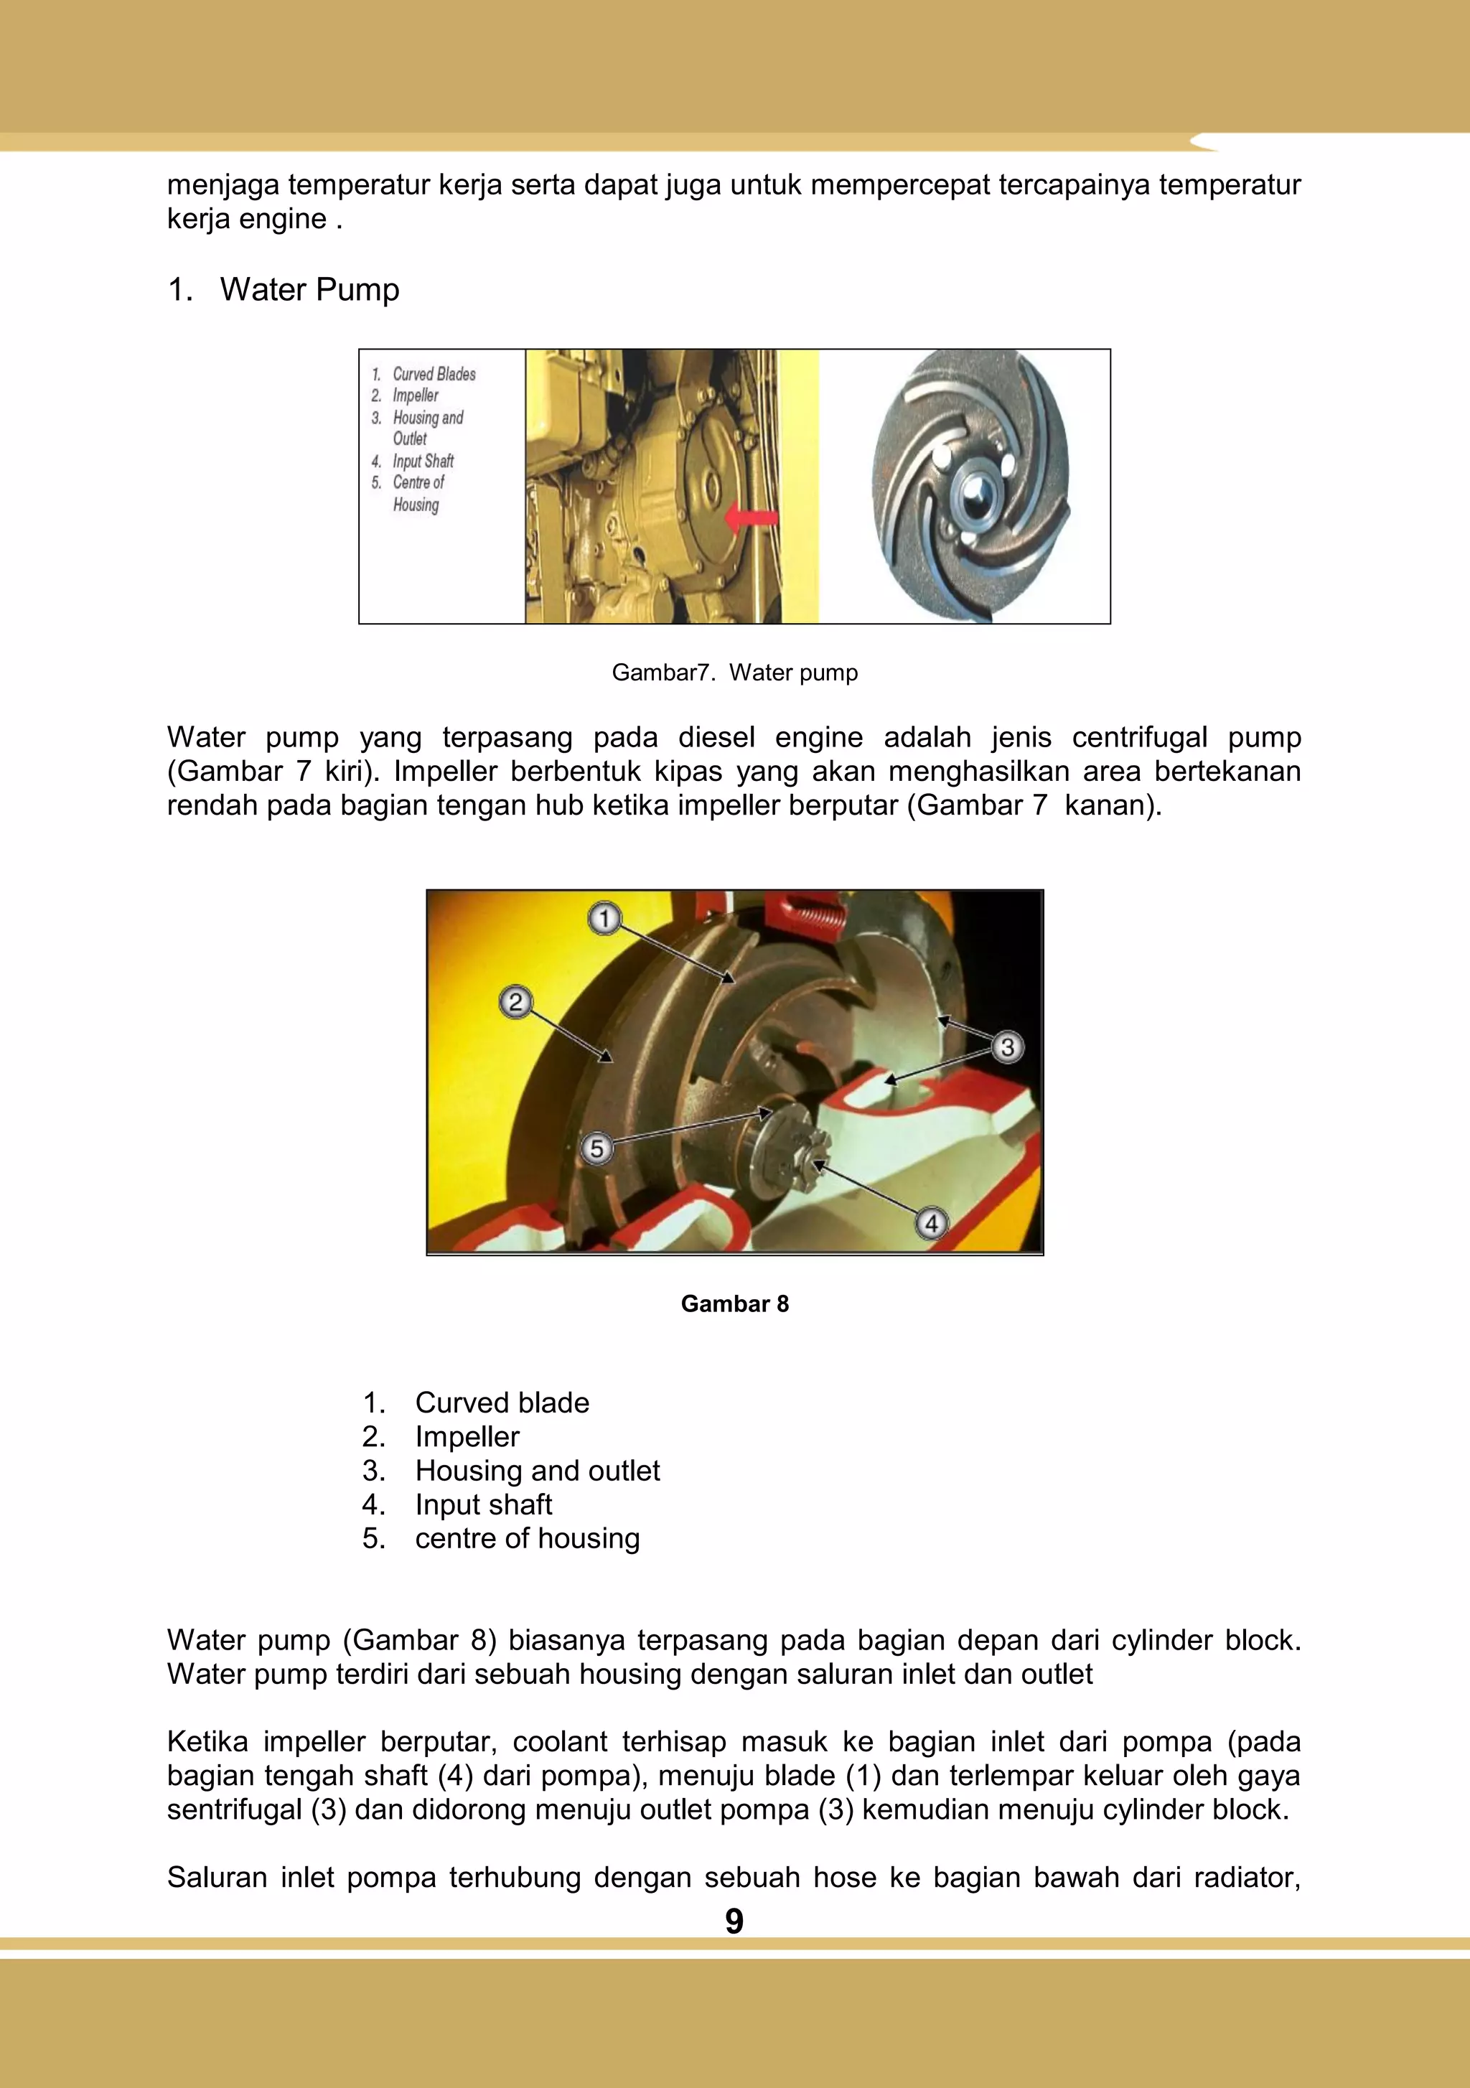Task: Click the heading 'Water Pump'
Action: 309,290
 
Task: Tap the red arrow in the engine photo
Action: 751,518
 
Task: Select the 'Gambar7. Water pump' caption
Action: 734,673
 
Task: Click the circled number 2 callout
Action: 516,1002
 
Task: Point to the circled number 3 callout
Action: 1007,1048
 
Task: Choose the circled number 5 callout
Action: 596,1148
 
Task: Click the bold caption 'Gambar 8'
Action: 734,1304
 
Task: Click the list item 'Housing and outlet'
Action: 537,1471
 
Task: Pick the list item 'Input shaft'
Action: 483,1504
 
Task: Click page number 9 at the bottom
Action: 734,1921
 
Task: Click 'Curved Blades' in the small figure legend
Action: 434,374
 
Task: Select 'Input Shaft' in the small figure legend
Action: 423,461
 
